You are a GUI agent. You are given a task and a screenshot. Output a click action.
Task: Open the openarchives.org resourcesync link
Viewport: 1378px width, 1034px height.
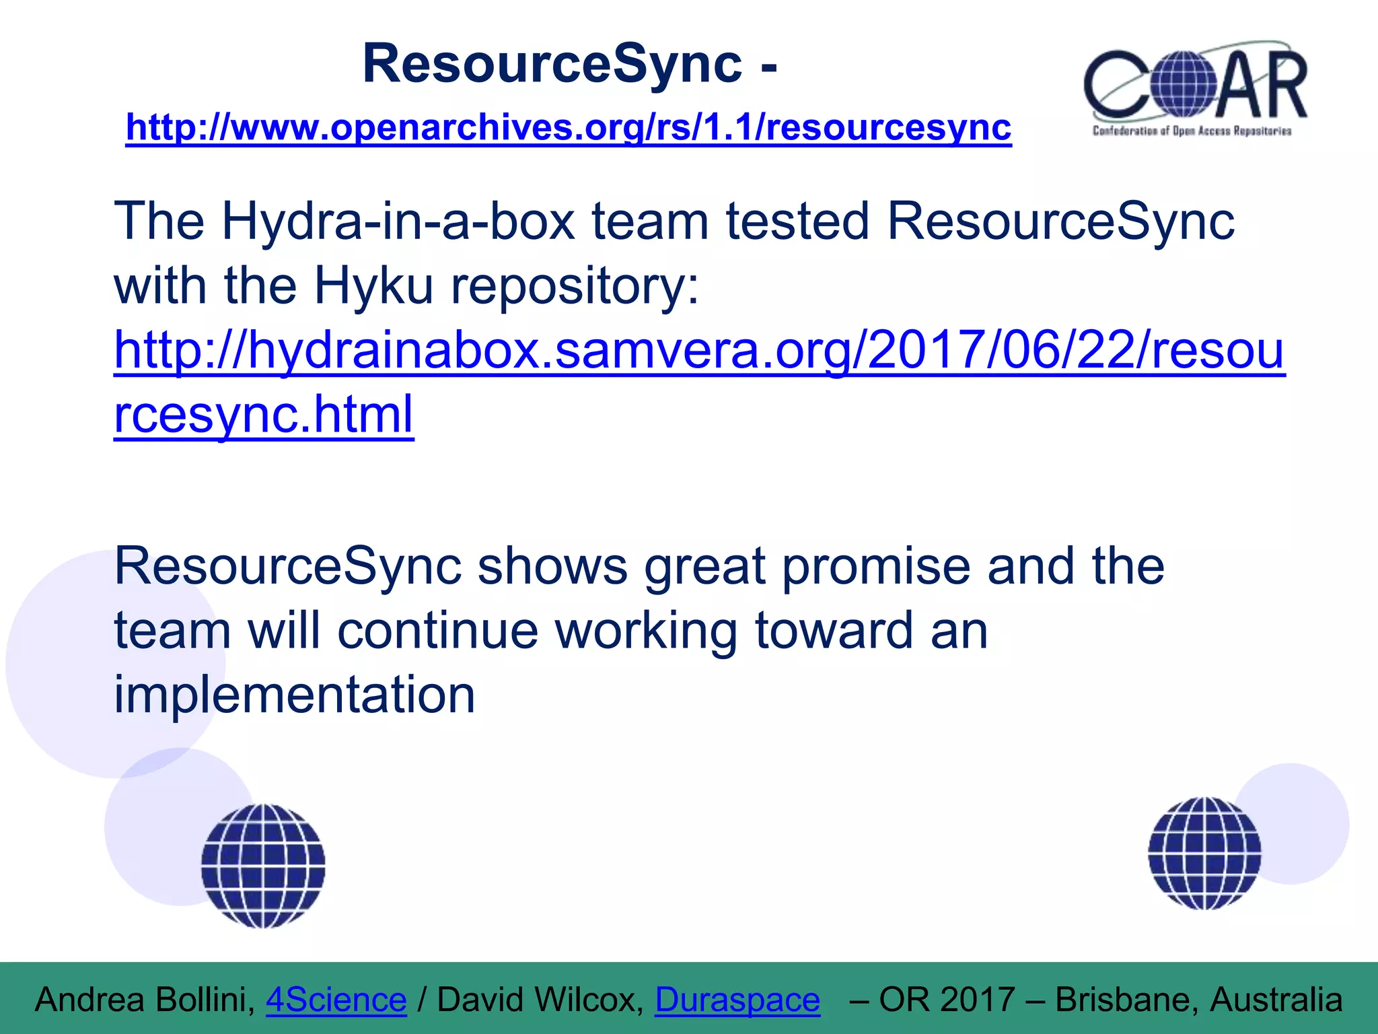click(x=569, y=127)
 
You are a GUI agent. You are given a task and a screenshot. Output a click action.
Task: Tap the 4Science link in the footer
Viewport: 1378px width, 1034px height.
click(x=336, y=1000)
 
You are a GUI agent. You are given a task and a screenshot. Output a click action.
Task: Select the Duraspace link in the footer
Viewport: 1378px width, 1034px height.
click(x=737, y=1000)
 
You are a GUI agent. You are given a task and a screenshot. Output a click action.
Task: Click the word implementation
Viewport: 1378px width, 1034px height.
click(x=295, y=694)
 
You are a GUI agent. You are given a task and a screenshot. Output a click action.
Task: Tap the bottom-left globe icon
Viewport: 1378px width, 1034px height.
click(x=263, y=866)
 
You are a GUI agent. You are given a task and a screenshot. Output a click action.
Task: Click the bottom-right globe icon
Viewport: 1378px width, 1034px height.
click(x=1204, y=853)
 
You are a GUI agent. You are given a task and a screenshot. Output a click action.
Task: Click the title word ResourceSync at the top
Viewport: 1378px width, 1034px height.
click(x=552, y=64)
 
